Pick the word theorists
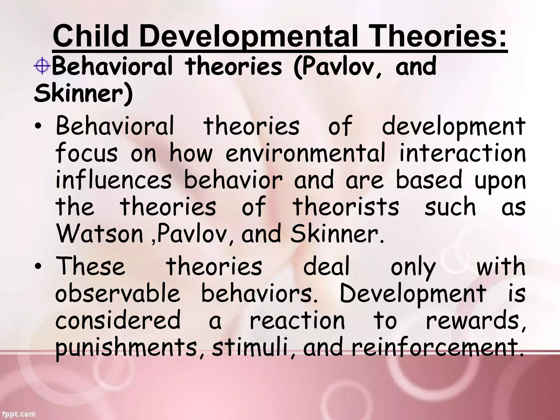coord(346,207)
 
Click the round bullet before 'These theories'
coord(39,267)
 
